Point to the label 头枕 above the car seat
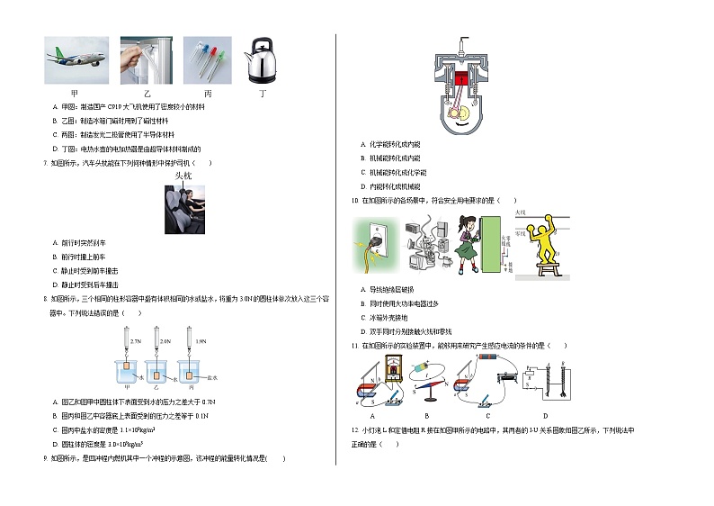(183, 176)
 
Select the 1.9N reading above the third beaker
(201, 342)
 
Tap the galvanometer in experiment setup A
(391, 369)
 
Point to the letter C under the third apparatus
(486, 416)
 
